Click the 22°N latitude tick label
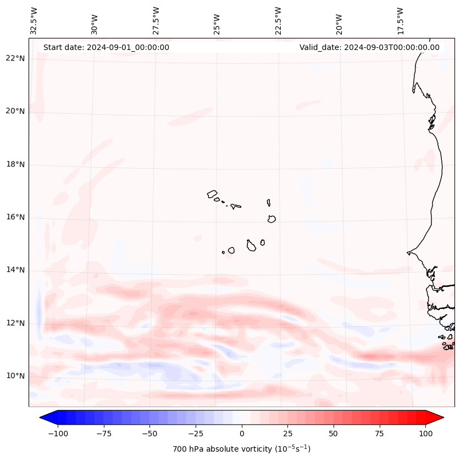pyautogui.click(x=14, y=58)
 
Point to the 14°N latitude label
pyautogui.click(x=14, y=270)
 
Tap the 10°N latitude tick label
pyautogui.click(x=14, y=376)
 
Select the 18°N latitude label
pyautogui.click(x=14, y=164)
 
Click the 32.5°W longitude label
pyautogui.click(x=35, y=21)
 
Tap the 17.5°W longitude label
pyautogui.click(x=400, y=21)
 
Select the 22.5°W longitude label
pyautogui.click(x=279, y=21)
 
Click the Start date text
pyautogui.click(x=106, y=47)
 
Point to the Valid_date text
pyautogui.click(x=369, y=47)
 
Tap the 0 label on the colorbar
pyautogui.click(x=242, y=434)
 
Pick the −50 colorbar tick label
pyautogui.click(x=149, y=434)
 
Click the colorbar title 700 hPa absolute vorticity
pyautogui.click(x=241, y=449)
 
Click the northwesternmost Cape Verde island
pyautogui.click(x=212, y=194)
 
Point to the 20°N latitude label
pyautogui.click(x=14, y=111)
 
